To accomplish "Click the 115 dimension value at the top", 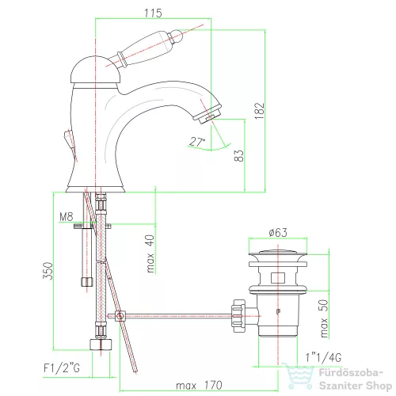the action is tap(153, 13).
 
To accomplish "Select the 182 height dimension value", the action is tap(259, 111).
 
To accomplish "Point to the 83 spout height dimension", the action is tap(238, 155).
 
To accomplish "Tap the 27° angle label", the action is tap(197, 142).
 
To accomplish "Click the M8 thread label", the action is tap(66, 217).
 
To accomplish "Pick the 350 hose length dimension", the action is tap(48, 271).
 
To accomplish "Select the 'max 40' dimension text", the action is tap(150, 253).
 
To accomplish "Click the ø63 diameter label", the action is tap(278, 232).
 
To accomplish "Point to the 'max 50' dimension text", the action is tap(324, 318).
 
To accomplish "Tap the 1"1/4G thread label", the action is tap(323, 358).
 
